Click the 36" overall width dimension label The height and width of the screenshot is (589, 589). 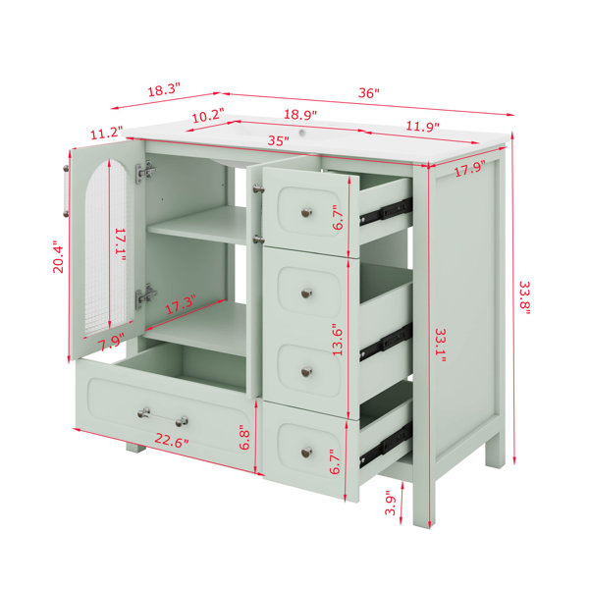(368, 93)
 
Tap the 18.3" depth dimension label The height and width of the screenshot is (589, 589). (164, 90)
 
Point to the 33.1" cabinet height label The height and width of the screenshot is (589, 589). (440, 346)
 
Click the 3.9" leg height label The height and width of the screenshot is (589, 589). (391, 505)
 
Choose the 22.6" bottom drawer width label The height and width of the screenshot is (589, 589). (171, 440)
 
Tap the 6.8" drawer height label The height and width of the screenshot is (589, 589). (244, 437)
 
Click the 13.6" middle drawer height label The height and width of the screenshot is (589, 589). (338, 340)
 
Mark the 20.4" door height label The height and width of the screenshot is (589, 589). (58, 256)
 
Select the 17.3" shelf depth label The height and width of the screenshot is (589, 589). (181, 304)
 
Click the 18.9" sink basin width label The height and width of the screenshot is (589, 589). (300, 114)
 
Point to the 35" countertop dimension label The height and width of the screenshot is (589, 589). (279, 140)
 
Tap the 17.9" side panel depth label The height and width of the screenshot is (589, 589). (470, 168)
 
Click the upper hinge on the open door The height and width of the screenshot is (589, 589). (145, 171)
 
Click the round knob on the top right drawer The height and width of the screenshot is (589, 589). (307, 213)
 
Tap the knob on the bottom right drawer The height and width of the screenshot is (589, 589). (307, 453)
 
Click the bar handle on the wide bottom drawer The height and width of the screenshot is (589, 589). (163, 417)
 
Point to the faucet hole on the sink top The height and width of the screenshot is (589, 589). (301, 133)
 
